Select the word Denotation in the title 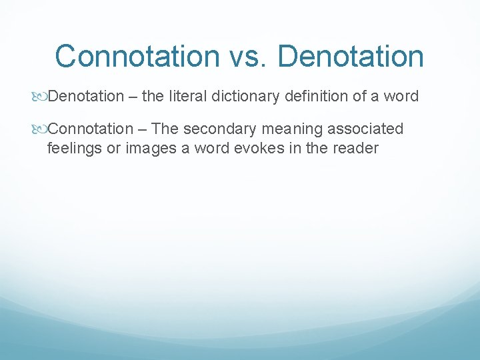351,57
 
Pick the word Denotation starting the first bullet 86,97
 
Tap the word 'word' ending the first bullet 400,97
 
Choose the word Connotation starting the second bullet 91,129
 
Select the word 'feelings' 74,147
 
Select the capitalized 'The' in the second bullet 166,129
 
